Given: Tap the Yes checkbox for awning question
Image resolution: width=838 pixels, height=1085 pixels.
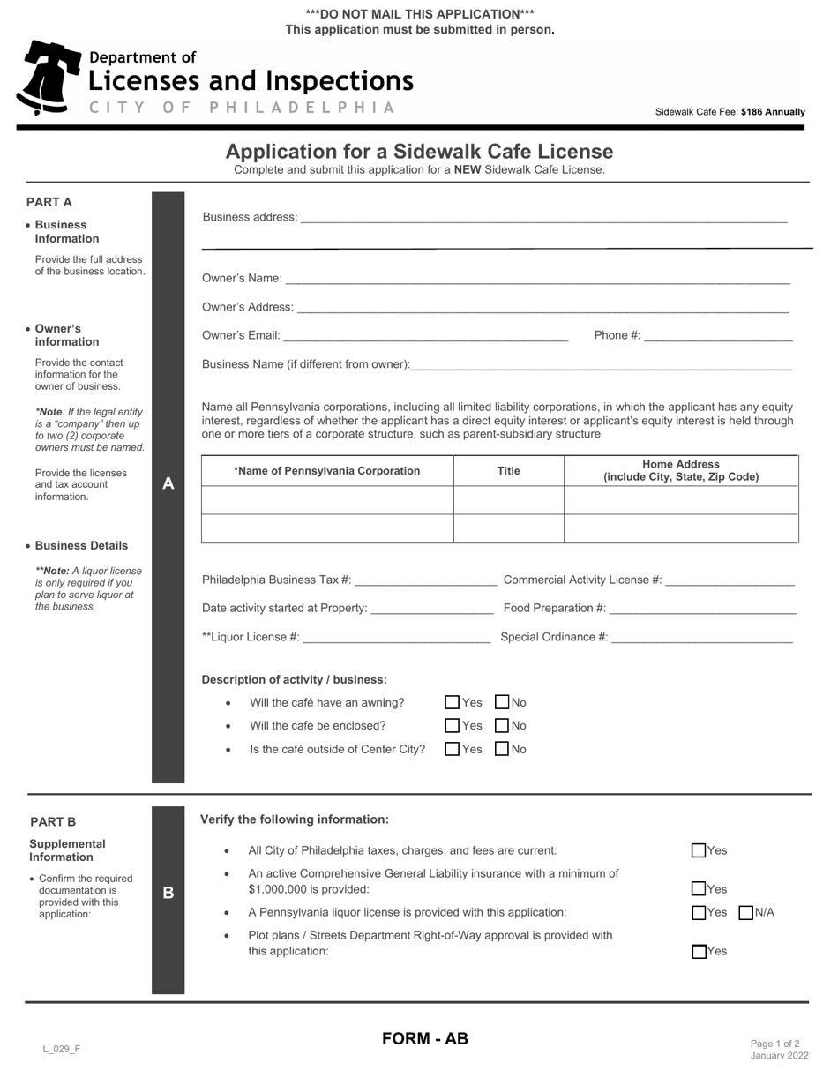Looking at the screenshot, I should click(453, 702).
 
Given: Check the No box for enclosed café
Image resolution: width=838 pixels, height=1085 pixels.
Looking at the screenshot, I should click(502, 726).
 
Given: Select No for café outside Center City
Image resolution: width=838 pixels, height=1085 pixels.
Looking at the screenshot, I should click(502, 749).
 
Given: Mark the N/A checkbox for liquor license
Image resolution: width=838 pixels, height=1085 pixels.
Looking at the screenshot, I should click(745, 912).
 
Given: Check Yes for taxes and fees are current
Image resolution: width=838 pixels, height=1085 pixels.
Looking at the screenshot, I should click(699, 850).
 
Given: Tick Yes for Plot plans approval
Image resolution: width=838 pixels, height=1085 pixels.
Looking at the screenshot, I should click(699, 951).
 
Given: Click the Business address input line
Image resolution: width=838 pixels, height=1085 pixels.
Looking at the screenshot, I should click(543, 217).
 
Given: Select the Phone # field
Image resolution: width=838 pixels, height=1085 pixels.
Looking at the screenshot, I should click(718, 335).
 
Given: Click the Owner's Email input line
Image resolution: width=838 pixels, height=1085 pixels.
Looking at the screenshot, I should click(426, 335).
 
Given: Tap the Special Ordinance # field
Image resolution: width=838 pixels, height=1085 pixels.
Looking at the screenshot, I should click(701, 637).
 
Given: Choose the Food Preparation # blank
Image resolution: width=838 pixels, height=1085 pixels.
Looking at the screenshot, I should click(703, 608).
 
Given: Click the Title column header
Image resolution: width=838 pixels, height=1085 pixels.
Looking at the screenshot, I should click(509, 471).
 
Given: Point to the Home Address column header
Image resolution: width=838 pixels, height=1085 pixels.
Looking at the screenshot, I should click(681, 470).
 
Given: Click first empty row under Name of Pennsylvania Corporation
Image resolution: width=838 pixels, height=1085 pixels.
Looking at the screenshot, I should click(327, 500).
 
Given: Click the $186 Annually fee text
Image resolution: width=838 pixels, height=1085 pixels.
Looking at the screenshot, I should click(773, 112).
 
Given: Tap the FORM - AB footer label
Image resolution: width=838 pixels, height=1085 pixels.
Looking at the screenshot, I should click(425, 1038).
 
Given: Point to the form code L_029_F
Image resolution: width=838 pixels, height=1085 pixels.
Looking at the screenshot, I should click(62, 1049).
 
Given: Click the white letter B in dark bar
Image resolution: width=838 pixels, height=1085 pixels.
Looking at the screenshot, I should click(168, 893).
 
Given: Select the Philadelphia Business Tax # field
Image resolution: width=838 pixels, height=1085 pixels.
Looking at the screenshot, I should click(425, 580).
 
